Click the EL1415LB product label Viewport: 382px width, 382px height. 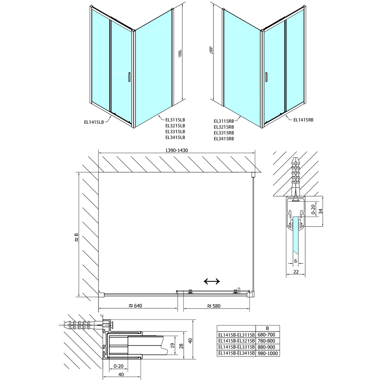click(x=94, y=122)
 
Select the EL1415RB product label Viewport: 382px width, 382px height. click(x=303, y=120)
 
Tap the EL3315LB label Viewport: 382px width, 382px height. click(x=175, y=131)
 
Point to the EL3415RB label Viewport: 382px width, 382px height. click(x=224, y=139)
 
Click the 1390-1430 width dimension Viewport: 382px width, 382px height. click(x=176, y=150)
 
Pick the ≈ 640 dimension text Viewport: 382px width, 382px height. click(x=135, y=306)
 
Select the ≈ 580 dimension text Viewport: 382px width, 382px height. click(x=214, y=306)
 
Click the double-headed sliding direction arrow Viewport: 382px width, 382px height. click(x=212, y=282)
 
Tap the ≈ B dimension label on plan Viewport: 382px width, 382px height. click(x=76, y=237)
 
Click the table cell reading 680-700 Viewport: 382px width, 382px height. click(x=267, y=335)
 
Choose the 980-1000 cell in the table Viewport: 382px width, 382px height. click(x=267, y=353)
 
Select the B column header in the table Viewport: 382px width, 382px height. click(x=267, y=329)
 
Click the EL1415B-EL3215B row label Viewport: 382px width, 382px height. click(x=236, y=341)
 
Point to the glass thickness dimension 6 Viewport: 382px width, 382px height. click(x=296, y=261)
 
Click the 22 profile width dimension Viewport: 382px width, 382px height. click(x=296, y=272)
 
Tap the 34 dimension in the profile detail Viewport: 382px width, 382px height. click(x=320, y=211)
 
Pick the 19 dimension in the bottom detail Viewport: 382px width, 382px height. click(x=173, y=345)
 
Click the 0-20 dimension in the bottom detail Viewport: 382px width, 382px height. click(x=119, y=366)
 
